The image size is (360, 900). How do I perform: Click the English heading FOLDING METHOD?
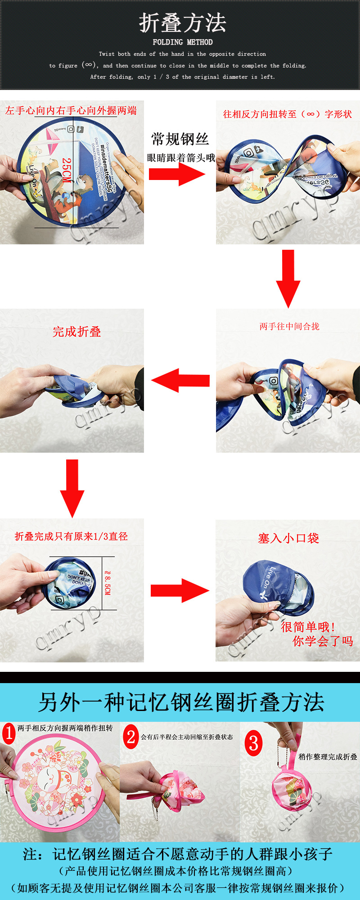[182, 42]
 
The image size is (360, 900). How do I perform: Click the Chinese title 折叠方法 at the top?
[182, 22]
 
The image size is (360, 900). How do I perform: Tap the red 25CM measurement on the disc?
[67, 170]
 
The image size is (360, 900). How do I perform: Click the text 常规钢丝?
[180, 139]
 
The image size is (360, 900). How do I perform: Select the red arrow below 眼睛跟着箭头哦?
[176, 174]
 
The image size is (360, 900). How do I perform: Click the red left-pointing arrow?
[181, 380]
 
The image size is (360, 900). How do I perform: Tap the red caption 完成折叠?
[76, 332]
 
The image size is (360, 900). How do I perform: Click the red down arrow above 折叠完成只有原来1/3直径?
[72, 487]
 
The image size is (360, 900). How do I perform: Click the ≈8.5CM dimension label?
[107, 583]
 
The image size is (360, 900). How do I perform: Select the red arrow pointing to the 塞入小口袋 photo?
[180, 590]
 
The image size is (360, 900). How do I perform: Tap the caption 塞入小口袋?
[288, 538]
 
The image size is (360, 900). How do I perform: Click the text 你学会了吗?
[323, 641]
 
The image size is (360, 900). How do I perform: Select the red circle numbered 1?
[9, 733]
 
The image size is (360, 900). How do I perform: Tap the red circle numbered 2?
[130, 737]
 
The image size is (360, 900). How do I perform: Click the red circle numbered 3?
[253, 743]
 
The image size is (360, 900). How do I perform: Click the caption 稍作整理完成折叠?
[328, 757]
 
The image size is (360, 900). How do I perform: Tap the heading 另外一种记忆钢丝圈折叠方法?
[181, 702]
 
